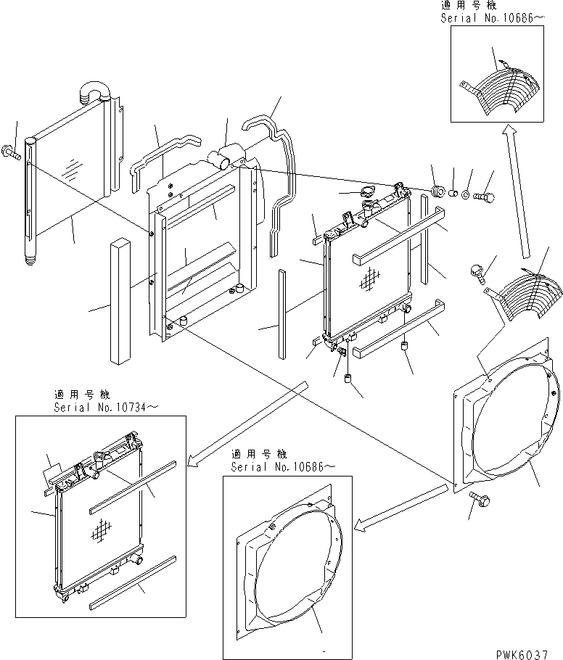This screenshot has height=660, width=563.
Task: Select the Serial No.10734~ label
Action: (105, 408)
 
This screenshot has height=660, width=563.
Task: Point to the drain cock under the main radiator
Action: (340, 352)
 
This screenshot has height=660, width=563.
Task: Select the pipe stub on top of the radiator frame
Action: (225, 156)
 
